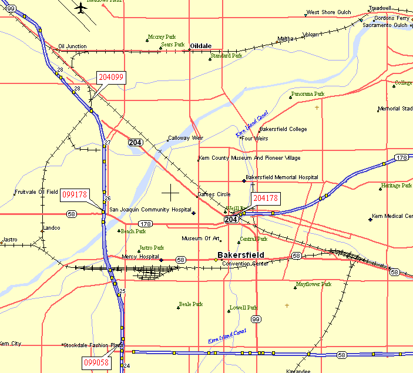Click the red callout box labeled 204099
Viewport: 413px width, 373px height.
pos(110,78)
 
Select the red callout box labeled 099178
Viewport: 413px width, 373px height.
pos(75,195)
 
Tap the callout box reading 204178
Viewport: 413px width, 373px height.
pos(266,198)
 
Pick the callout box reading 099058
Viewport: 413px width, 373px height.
pos(96,362)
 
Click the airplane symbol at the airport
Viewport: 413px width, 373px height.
pos(81,8)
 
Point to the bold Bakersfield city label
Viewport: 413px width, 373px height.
pos(241,255)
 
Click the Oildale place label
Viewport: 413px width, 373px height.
pos(200,46)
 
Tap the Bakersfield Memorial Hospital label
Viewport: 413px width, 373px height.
pos(282,177)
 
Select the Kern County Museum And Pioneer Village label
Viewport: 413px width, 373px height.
pos(250,158)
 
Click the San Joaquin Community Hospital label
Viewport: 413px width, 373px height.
pos(150,210)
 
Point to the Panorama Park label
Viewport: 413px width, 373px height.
pos(307,94)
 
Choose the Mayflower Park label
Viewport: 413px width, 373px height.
pos(314,284)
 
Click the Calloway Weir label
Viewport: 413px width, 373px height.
pos(186,138)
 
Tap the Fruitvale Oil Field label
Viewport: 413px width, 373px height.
pos(36,192)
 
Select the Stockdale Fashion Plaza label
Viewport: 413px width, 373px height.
pos(93,345)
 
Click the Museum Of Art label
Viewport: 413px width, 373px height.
pos(200,238)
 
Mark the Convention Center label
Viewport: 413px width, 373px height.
pos(245,264)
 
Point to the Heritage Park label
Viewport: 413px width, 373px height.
pos(397,186)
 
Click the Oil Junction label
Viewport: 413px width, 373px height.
pos(72,46)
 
